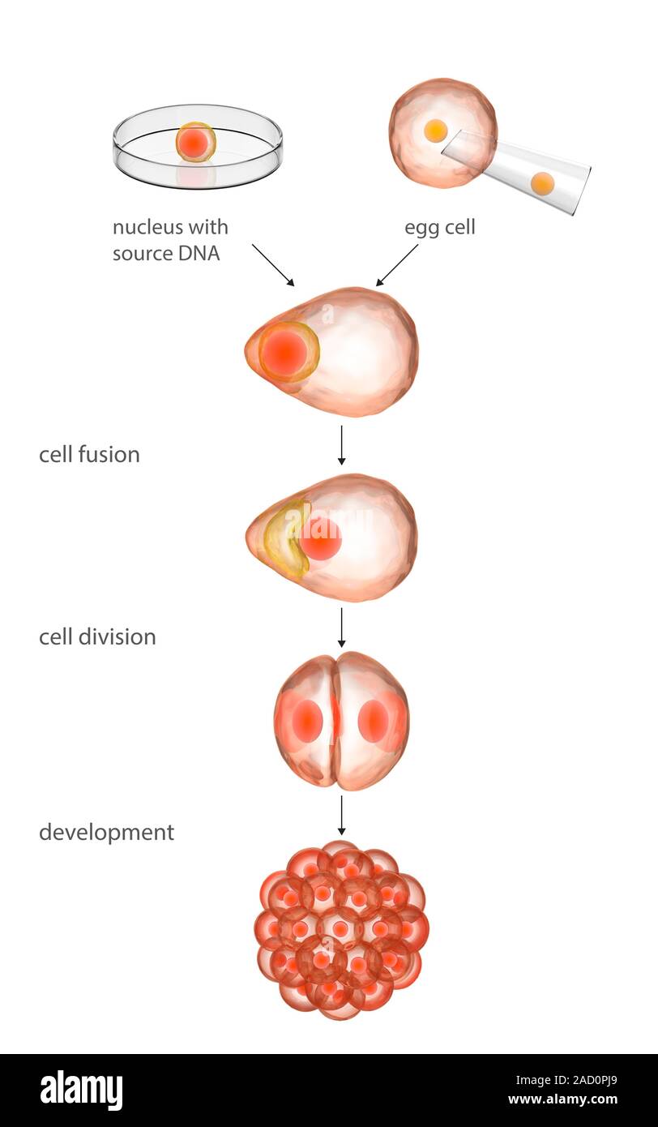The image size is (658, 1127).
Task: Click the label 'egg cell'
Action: [x=439, y=228]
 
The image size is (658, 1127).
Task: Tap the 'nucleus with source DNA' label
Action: [x=170, y=239]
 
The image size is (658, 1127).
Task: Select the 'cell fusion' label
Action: [x=89, y=454]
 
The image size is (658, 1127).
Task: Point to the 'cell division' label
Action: [x=97, y=636]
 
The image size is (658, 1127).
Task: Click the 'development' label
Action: [x=106, y=832]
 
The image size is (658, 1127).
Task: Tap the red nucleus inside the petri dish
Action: [x=195, y=143]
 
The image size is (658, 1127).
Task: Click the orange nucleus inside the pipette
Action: [x=542, y=184]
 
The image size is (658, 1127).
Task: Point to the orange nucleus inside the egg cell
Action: [x=435, y=131]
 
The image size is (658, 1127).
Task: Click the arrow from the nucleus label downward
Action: [x=272, y=264]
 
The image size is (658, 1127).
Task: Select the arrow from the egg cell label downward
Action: [x=397, y=264]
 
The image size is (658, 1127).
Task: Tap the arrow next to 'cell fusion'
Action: [x=341, y=445]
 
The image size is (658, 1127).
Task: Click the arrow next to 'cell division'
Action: [x=341, y=628]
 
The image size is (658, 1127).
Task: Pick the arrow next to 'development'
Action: [x=341, y=815]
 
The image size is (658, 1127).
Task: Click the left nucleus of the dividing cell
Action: [x=307, y=720]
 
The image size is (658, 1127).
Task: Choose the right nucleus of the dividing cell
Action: [x=373, y=720]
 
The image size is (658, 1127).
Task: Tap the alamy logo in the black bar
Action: [x=82, y=1091]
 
